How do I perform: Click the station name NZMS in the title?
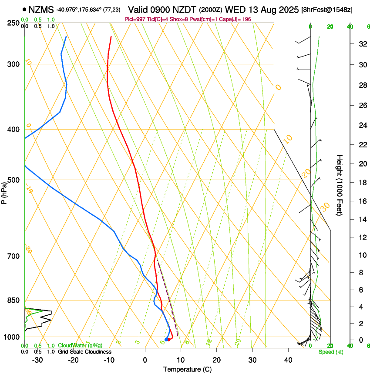(42, 9)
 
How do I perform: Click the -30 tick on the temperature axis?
(37, 360)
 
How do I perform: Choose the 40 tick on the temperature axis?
(288, 360)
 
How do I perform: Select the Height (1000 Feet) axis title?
(340, 185)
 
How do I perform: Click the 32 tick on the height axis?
(362, 44)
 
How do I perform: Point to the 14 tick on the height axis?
(362, 220)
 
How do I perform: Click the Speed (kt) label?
(330, 352)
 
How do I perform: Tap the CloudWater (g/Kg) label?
(80, 346)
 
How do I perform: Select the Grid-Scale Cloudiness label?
(84, 352)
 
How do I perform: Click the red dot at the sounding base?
(169, 339)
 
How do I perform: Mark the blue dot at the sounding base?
(166, 340)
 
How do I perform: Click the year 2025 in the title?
(288, 9)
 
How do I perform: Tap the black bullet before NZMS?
(24, 9)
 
